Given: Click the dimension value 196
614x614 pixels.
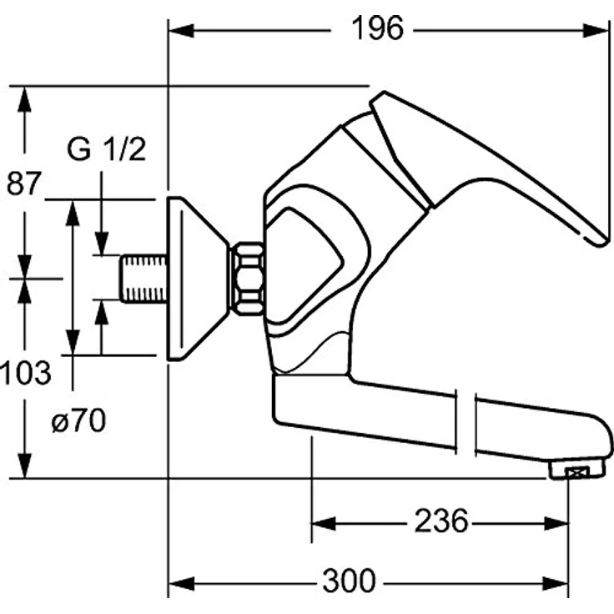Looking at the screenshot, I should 377,29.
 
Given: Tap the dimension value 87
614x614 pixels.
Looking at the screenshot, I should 23,183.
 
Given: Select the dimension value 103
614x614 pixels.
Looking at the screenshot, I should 26,372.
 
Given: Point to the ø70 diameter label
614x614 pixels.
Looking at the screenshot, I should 78,421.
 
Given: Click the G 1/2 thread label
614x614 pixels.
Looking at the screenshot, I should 106,150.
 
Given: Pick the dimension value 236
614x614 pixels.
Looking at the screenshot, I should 441,522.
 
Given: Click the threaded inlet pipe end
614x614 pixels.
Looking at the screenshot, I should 143,278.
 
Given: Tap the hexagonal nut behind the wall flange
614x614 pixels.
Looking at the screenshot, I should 247,278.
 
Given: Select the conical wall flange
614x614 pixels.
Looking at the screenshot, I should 197,278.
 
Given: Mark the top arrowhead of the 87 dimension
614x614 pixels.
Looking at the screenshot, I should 24,97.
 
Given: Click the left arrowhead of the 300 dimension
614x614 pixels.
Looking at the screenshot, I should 179,581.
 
